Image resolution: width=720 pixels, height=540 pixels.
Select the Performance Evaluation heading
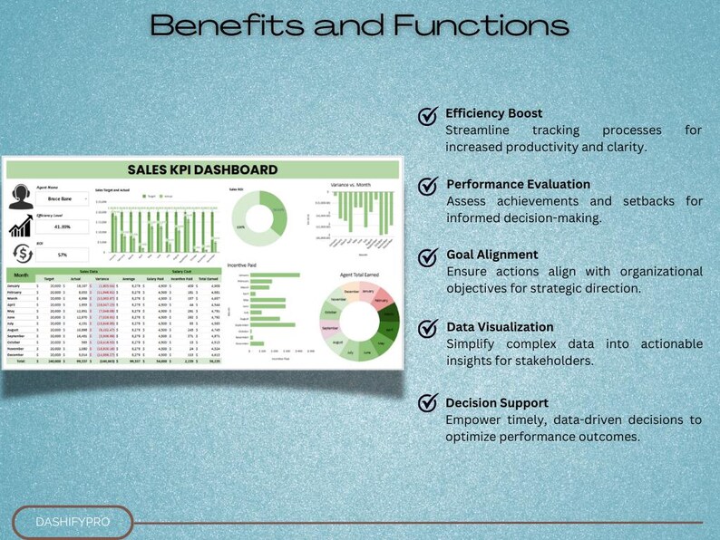point(518,184)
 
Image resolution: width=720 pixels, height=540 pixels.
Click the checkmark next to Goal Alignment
point(428,257)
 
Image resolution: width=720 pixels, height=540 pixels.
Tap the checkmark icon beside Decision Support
point(428,404)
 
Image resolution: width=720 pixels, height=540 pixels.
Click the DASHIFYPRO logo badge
point(72,522)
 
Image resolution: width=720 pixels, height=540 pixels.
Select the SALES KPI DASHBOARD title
point(202,169)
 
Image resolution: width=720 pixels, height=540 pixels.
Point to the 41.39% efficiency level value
point(62,227)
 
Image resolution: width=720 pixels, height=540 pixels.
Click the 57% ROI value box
point(62,256)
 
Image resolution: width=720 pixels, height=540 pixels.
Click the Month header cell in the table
point(20,275)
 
